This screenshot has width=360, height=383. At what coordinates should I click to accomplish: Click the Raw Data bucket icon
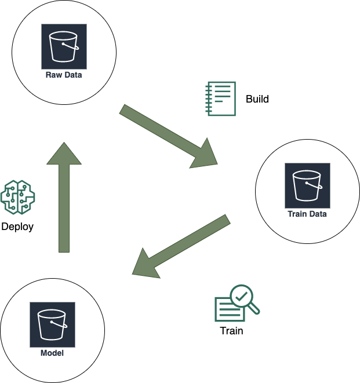(x=64, y=46)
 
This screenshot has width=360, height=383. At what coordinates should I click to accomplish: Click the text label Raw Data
(x=64, y=75)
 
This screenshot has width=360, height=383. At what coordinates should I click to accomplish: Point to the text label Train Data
(x=307, y=214)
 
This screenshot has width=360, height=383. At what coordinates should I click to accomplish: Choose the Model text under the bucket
(x=52, y=353)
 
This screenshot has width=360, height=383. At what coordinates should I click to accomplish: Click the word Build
(x=257, y=99)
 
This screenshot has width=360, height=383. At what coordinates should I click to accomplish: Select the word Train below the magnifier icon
(x=231, y=331)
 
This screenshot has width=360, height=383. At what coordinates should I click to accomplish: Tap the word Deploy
(x=17, y=227)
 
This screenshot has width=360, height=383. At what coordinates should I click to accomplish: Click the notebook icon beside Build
(x=221, y=99)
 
